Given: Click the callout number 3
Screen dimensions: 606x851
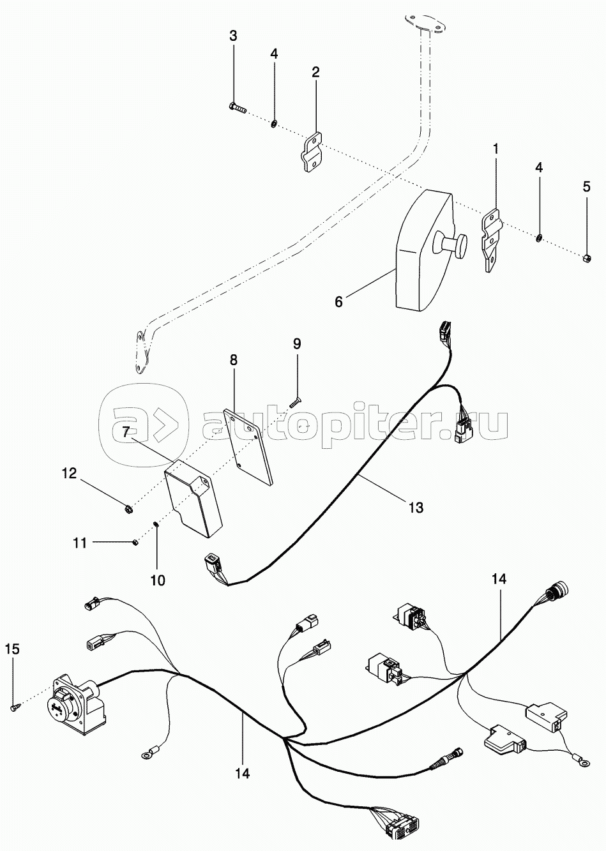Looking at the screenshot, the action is pyautogui.click(x=233, y=36).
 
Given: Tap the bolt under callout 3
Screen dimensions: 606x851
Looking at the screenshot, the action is pyautogui.click(x=238, y=109).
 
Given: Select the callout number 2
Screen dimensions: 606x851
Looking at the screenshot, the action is pyautogui.click(x=315, y=72).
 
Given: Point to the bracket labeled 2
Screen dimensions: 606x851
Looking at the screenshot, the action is pyautogui.click(x=312, y=152).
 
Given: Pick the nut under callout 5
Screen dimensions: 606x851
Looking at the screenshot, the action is pyautogui.click(x=587, y=259).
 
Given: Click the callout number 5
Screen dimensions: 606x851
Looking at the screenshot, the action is pyautogui.click(x=587, y=187).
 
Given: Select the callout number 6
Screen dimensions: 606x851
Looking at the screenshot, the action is pyautogui.click(x=338, y=302).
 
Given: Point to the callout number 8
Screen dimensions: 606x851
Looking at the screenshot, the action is pyautogui.click(x=233, y=360).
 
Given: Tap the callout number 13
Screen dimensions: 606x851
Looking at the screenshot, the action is pyautogui.click(x=416, y=507).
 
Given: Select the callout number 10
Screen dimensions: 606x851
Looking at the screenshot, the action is pyautogui.click(x=158, y=580).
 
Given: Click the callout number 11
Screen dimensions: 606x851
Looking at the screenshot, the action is pyautogui.click(x=80, y=543).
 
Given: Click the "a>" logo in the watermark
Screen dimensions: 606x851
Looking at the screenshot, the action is pyautogui.click(x=144, y=426).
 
